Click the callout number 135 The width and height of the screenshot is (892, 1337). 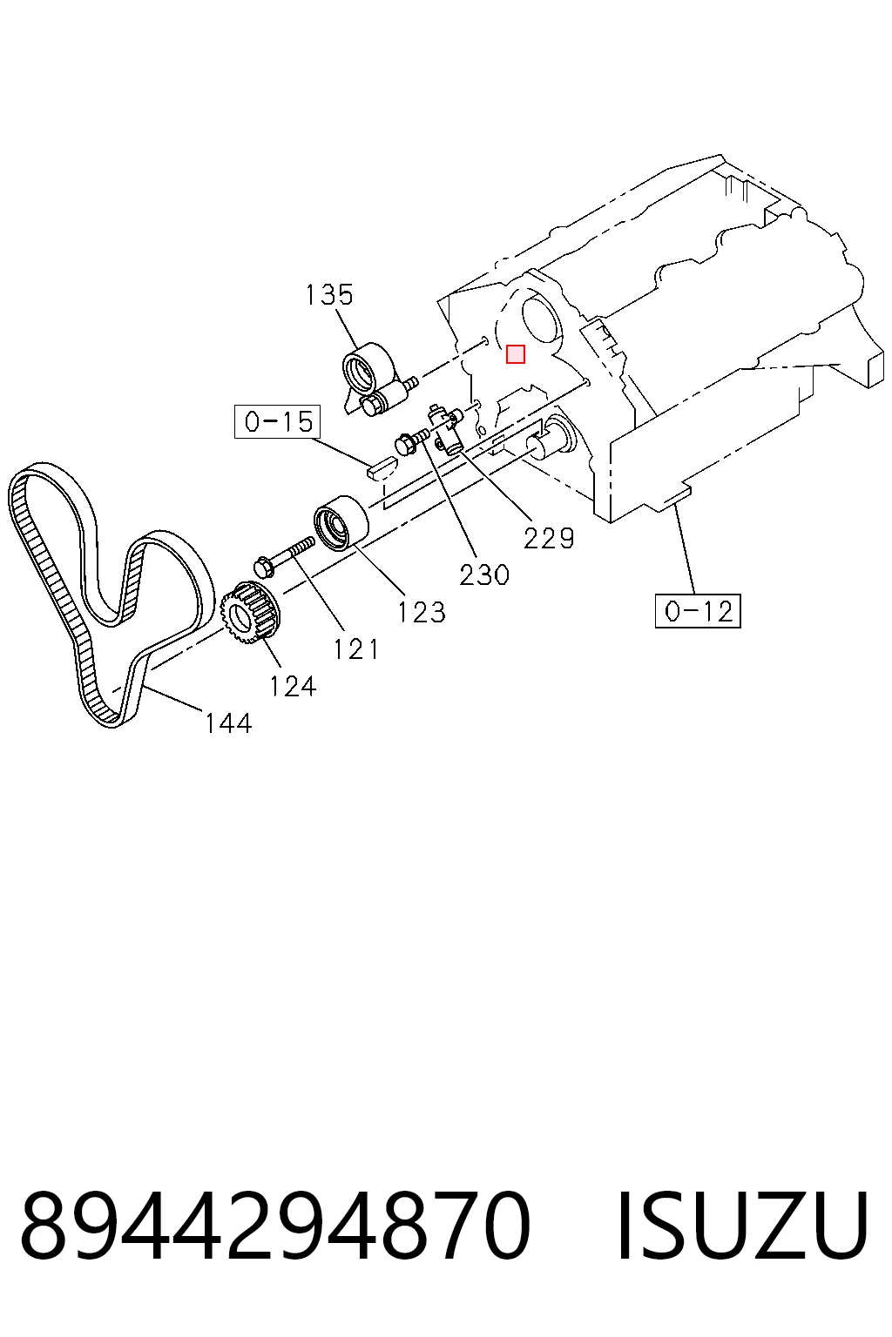[329, 295]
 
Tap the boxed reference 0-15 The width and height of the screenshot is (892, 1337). [277, 422]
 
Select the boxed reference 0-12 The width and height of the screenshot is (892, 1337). [698, 610]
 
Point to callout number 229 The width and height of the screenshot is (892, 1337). [549, 539]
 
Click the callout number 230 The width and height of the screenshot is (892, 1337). [484, 575]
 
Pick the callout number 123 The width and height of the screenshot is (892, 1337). [422, 613]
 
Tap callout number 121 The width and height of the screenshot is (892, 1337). [355, 649]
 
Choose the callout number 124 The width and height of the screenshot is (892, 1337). [292, 687]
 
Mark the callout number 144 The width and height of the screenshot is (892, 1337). [228, 723]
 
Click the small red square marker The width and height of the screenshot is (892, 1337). [515, 354]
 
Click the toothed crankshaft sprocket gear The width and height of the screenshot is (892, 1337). [251, 614]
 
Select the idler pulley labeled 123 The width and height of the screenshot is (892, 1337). [341, 523]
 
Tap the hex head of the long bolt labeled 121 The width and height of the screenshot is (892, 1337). [263, 567]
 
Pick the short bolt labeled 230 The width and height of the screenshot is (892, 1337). [411, 443]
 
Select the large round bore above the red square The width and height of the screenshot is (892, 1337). [541, 320]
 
